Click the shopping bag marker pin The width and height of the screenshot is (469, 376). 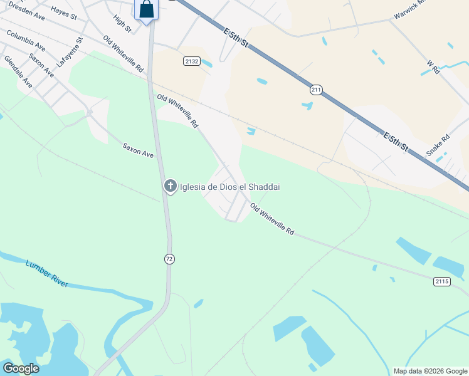[x=146, y=11]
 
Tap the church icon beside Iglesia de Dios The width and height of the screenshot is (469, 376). [x=170, y=186]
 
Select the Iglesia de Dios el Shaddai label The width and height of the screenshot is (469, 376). [x=229, y=187]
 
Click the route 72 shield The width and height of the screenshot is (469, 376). [x=169, y=258]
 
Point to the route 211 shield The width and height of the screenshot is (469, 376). [x=315, y=90]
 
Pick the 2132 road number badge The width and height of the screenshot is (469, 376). [x=192, y=61]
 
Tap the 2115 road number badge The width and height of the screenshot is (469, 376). [x=441, y=281]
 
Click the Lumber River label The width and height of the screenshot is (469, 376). [x=46, y=273]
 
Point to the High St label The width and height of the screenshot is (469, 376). [x=123, y=24]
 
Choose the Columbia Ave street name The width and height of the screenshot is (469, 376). [x=26, y=40]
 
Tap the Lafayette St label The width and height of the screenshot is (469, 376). [x=70, y=53]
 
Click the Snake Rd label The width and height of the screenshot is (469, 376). [x=438, y=145]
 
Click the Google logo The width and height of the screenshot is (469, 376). [x=21, y=368]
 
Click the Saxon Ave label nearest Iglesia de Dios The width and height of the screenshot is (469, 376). [x=138, y=150]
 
